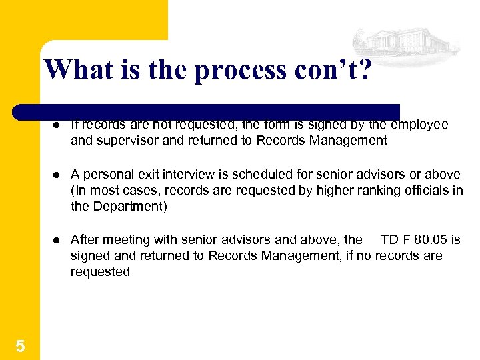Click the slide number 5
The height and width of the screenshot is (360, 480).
click(20, 346)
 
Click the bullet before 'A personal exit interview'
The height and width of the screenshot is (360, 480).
click(59, 175)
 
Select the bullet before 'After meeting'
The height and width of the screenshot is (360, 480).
click(59, 240)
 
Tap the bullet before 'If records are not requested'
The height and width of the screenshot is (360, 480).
click(59, 125)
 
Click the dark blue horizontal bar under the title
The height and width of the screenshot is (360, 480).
click(207, 111)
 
